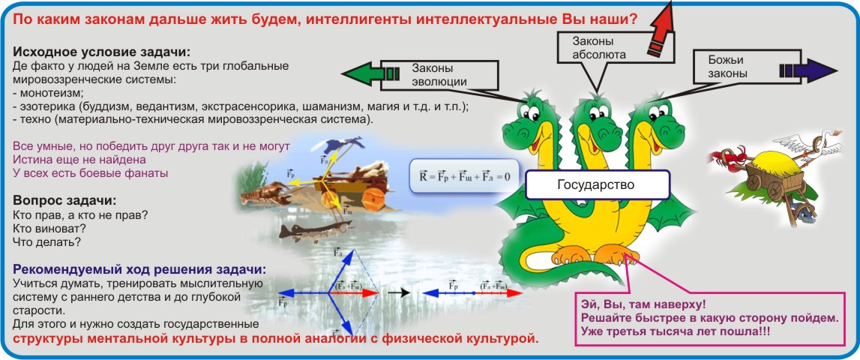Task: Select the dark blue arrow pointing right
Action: tap(808, 70)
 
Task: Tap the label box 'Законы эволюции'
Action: tap(439, 75)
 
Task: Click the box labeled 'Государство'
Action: tap(598, 184)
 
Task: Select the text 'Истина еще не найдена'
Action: tap(79, 160)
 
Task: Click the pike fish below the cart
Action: tap(312, 230)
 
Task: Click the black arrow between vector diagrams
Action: tap(401, 292)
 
